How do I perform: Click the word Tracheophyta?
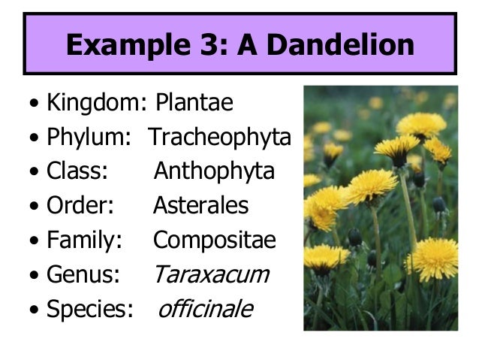[219, 138]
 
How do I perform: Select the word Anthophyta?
[214, 172]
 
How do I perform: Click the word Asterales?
[200, 206]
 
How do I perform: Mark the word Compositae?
[215, 241]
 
